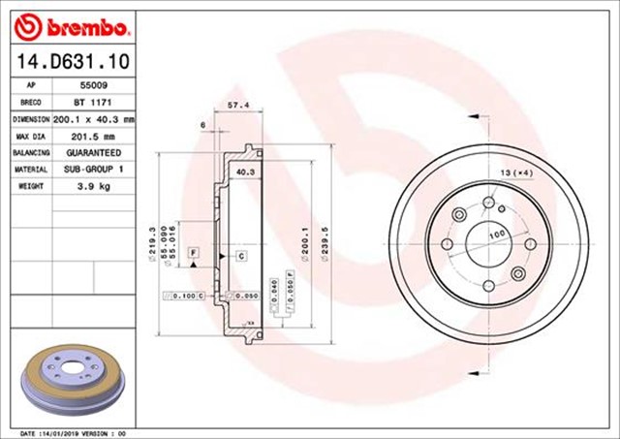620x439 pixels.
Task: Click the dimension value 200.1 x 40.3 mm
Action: point(93,119)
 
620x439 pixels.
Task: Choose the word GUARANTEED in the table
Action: point(93,153)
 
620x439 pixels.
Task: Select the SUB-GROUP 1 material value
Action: point(93,170)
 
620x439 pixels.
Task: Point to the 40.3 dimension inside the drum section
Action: point(245,172)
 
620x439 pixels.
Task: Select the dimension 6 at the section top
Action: point(202,125)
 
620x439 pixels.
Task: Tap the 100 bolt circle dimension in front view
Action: point(497,235)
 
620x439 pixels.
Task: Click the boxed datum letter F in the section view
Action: point(195,253)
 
